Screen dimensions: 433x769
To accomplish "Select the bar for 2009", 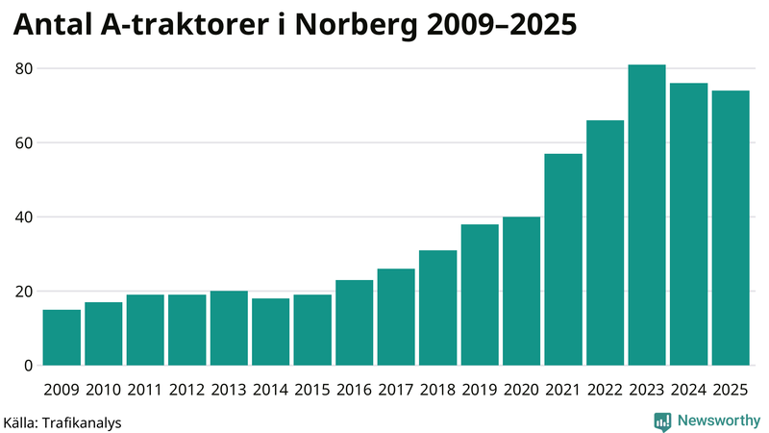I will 62,337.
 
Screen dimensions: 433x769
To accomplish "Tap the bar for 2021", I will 563,260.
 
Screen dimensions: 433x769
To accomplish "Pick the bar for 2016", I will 354,322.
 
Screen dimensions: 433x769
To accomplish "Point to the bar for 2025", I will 731,228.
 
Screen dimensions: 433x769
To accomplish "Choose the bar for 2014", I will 270,332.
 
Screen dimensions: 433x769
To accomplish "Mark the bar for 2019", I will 480,294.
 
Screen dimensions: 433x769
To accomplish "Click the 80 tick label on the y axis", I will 23,69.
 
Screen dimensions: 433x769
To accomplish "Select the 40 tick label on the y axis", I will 23,217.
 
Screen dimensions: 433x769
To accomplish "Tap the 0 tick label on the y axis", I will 28,366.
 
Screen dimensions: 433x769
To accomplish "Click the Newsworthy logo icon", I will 662,420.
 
